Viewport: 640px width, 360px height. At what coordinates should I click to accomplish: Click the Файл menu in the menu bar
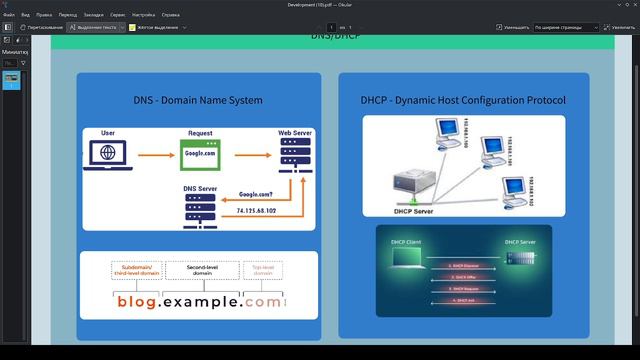[8, 16]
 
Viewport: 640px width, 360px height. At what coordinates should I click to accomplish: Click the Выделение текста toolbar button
[95, 27]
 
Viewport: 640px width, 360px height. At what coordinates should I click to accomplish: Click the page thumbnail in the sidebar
[11, 80]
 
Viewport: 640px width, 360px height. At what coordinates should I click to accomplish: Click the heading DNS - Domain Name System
[198, 100]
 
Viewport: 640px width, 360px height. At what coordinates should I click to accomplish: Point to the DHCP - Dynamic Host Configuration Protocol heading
[463, 100]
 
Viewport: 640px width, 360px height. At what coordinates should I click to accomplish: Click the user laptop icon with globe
[107, 155]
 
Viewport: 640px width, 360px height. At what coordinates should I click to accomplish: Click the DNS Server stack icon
[200, 209]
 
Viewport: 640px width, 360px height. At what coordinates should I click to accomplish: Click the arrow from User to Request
[153, 156]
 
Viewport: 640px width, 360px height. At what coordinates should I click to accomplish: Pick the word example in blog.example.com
[199, 301]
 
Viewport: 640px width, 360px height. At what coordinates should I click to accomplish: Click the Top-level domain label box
[263, 269]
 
